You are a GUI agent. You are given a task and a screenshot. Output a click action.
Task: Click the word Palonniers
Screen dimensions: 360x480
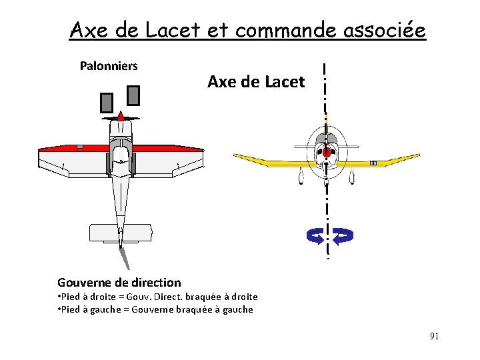109,66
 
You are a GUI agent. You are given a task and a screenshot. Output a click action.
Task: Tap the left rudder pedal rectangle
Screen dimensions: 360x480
107,102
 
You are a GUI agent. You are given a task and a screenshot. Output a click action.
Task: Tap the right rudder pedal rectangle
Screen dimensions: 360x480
133,95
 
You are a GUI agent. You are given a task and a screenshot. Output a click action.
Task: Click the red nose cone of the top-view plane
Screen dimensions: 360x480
121,116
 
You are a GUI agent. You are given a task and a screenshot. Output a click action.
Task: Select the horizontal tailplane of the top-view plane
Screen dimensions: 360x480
121,232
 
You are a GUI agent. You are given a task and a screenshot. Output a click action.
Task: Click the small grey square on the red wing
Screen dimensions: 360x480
80,146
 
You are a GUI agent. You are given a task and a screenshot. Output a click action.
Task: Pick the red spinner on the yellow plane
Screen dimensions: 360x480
327,153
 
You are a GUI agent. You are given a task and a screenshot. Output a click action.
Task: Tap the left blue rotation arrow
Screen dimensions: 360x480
315,235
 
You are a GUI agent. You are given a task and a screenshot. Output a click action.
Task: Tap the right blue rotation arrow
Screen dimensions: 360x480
343,235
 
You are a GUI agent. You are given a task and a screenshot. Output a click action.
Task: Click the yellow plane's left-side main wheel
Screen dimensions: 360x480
301,176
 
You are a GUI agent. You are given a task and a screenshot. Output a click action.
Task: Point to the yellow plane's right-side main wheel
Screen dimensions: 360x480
351,176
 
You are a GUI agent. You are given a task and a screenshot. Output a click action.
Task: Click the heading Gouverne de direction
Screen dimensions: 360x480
119,283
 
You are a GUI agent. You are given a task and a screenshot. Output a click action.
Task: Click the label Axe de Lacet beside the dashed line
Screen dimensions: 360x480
256,82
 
